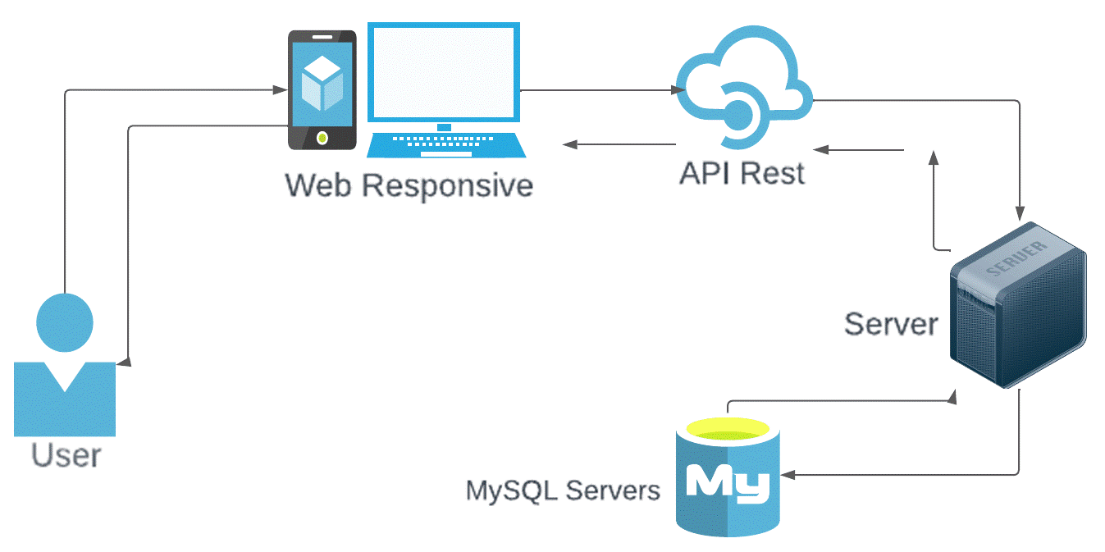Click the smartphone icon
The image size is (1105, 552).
(x=322, y=90)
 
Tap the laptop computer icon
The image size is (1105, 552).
(x=443, y=90)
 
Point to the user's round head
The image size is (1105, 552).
(x=65, y=321)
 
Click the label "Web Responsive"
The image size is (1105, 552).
(x=409, y=185)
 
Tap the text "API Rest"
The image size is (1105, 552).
(x=742, y=173)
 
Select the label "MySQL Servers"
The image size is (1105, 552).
(x=563, y=490)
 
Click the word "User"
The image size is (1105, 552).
(x=66, y=454)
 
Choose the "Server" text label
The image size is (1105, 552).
(x=891, y=324)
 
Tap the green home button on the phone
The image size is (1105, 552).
(x=322, y=138)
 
